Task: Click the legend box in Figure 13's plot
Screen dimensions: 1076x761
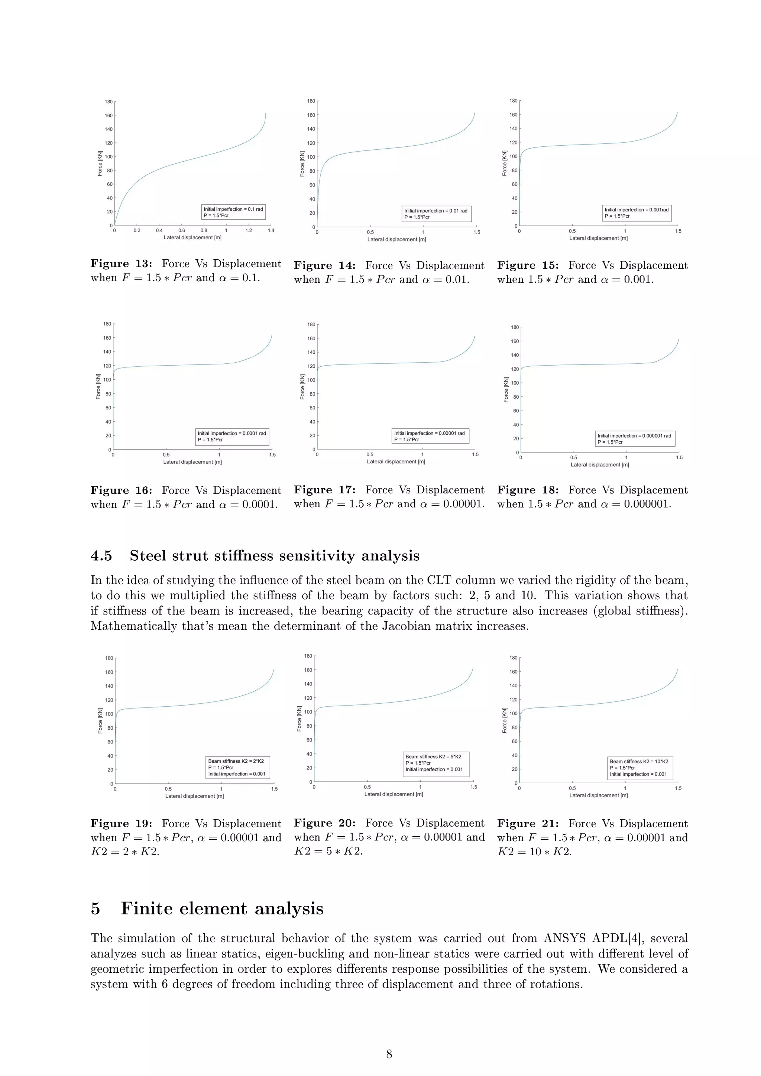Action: click(233, 212)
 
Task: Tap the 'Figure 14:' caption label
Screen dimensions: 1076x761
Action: click(325, 266)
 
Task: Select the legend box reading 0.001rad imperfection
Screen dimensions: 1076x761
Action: click(637, 213)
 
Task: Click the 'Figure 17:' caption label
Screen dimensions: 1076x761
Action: click(325, 490)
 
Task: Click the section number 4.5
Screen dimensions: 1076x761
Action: click(101, 556)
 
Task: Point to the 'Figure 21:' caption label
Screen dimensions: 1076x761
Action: click(528, 823)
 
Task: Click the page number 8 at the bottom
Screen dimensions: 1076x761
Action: click(389, 1054)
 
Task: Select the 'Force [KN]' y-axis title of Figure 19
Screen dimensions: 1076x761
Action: click(100, 720)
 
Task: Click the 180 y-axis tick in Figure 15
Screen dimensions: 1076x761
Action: click(514, 101)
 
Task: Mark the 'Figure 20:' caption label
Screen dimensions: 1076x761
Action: click(325, 823)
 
